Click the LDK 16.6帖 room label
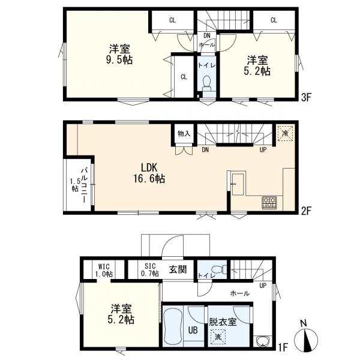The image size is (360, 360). [x=149, y=173]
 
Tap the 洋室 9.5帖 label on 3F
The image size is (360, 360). [x=119, y=55]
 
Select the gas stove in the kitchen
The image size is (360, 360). [x=269, y=203]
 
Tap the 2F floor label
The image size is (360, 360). [x=306, y=211]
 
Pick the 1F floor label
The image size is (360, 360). [x=283, y=347]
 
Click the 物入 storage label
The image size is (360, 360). [x=184, y=133]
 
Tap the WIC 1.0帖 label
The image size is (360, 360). [x=104, y=270]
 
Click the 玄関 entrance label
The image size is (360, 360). [x=178, y=269]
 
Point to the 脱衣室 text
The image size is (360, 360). [x=223, y=322]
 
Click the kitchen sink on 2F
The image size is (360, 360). [x=238, y=184]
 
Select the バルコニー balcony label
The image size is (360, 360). [x=85, y=185]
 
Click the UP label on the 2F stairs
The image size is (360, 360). [x=263, y=150]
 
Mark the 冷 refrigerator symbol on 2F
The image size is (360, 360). [x=286, y=133]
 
